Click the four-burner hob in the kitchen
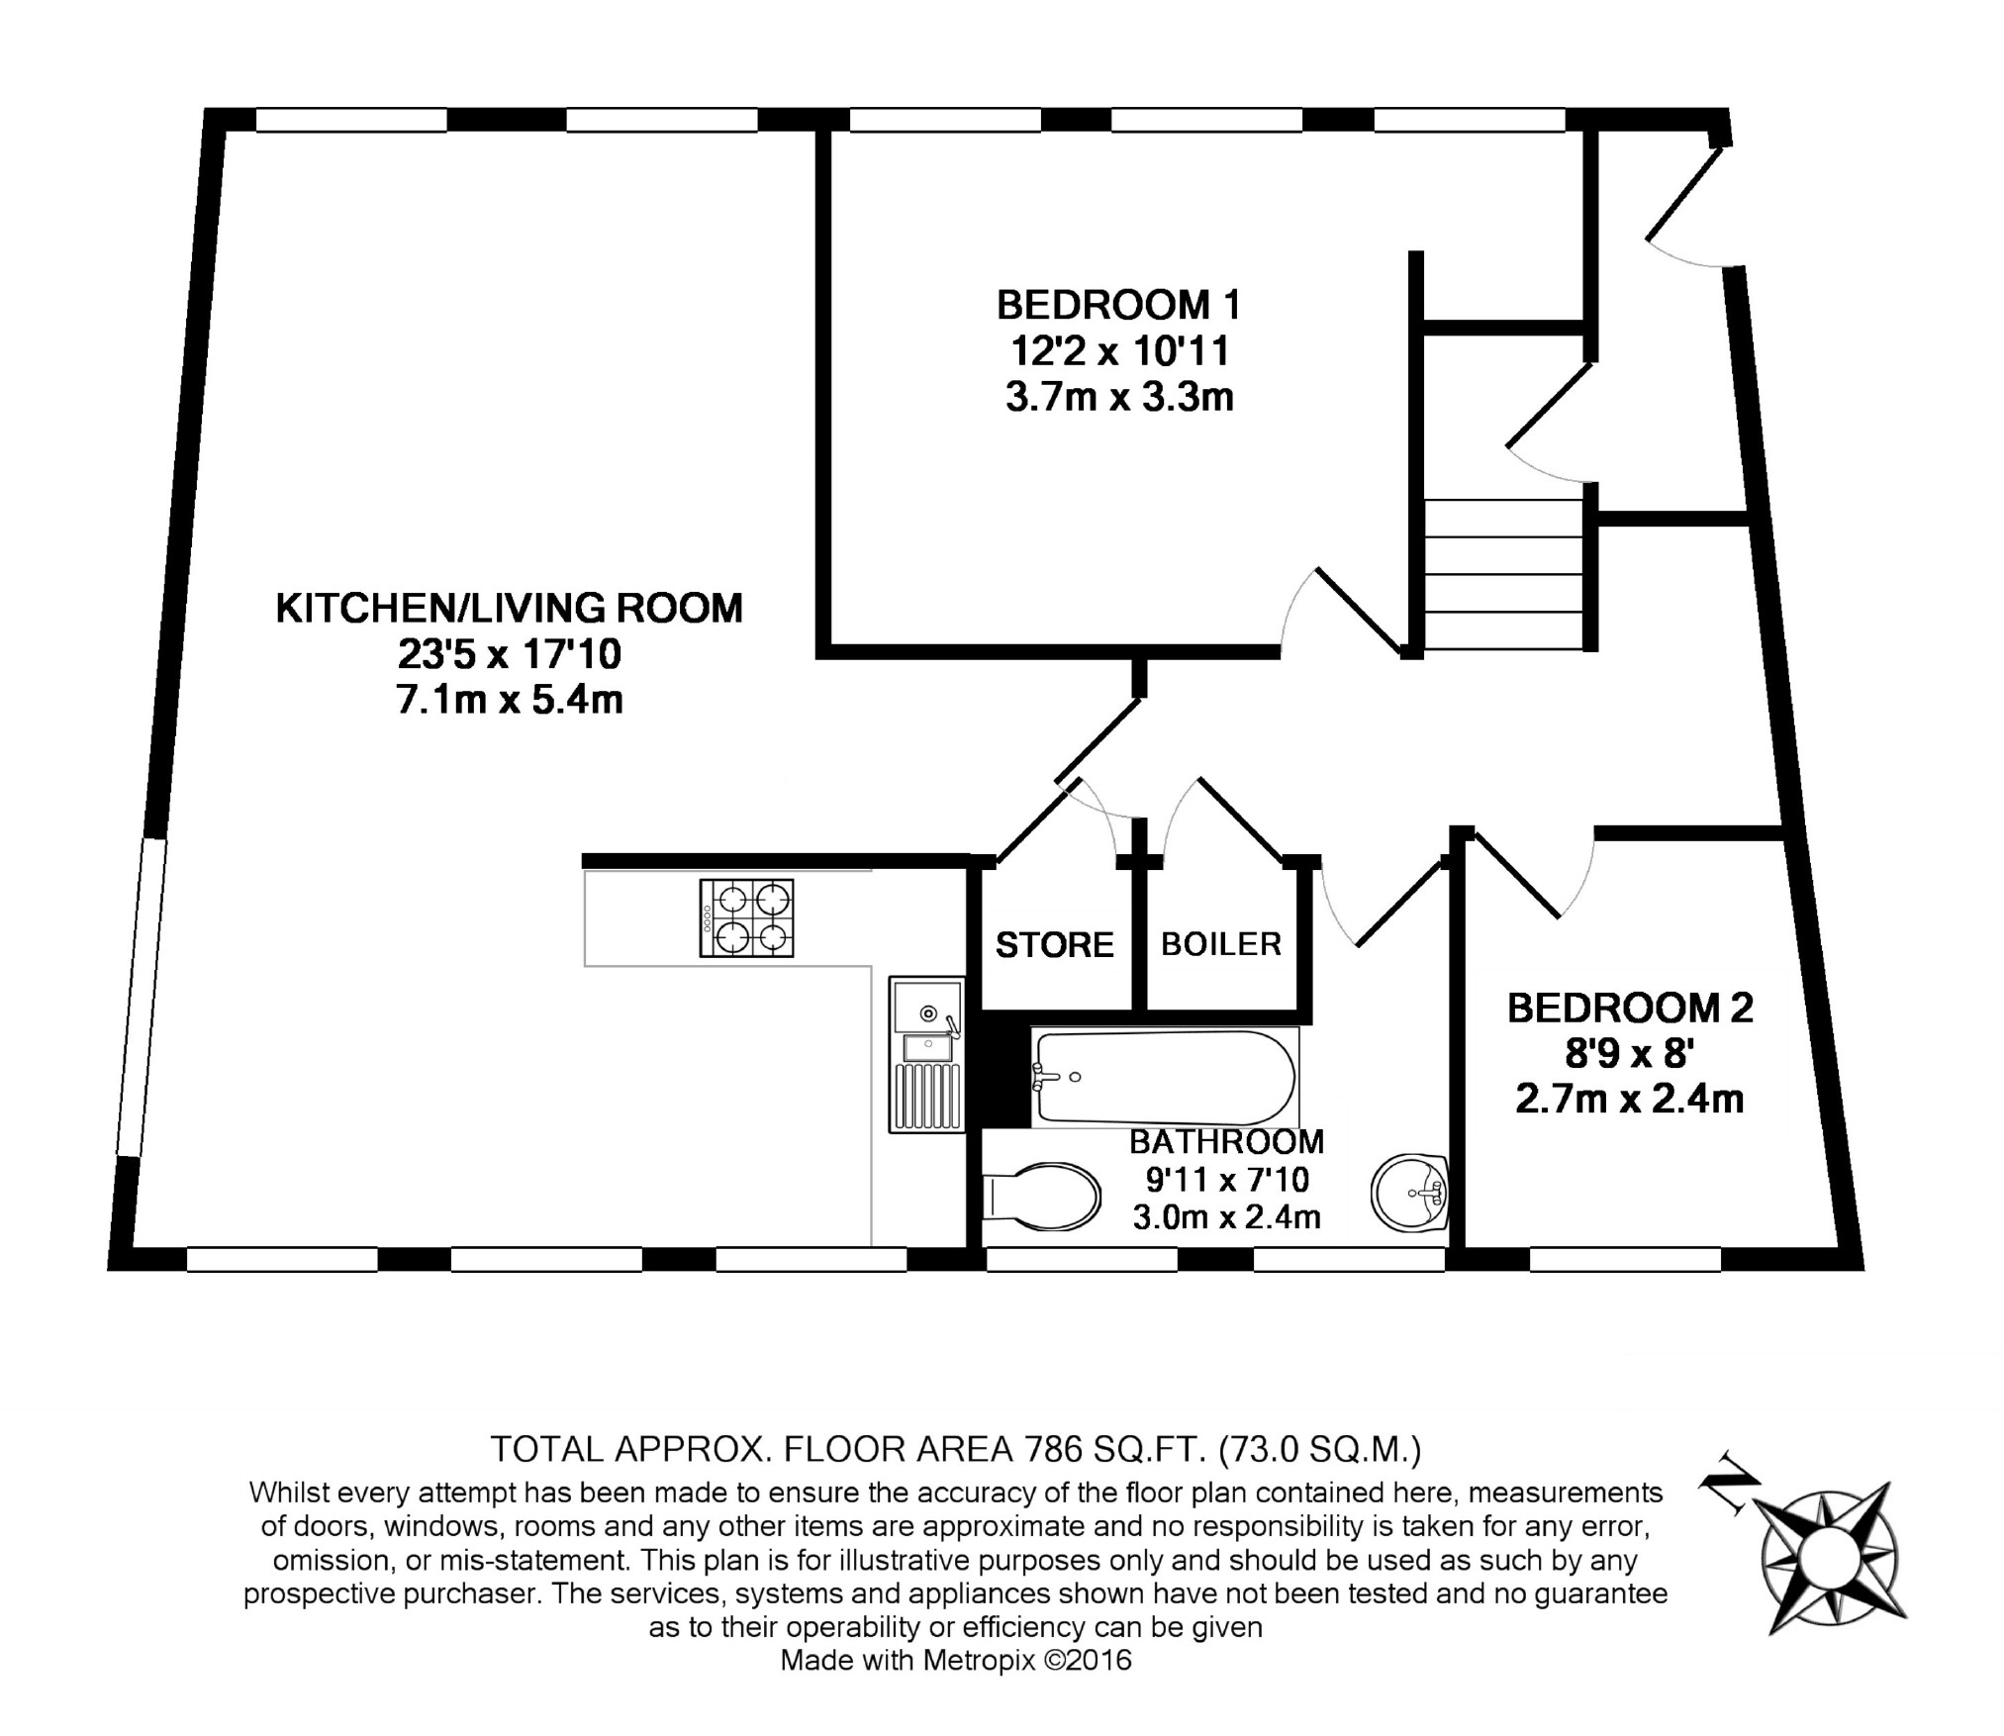click(x=747, y=917)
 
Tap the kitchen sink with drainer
click(x=926, y=1054)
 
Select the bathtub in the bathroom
click(x=1165, y=1077)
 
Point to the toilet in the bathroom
click(x=1041, y=1196)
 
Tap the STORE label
click(x=1055, y=945)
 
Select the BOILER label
click(x=1221, y=944)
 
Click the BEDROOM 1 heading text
click(x=1118, y=305)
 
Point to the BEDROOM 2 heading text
click(x=1630, y=1008)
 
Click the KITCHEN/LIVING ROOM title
click(x=509, y=608)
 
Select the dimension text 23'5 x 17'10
click(x=510, y=654)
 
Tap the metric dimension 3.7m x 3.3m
click(x=1119, y=397)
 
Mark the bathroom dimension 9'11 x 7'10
click(x=1227, y=1180)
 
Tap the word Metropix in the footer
click(x=979, y=1659)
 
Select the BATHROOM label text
click(x=1227, y=1142)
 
